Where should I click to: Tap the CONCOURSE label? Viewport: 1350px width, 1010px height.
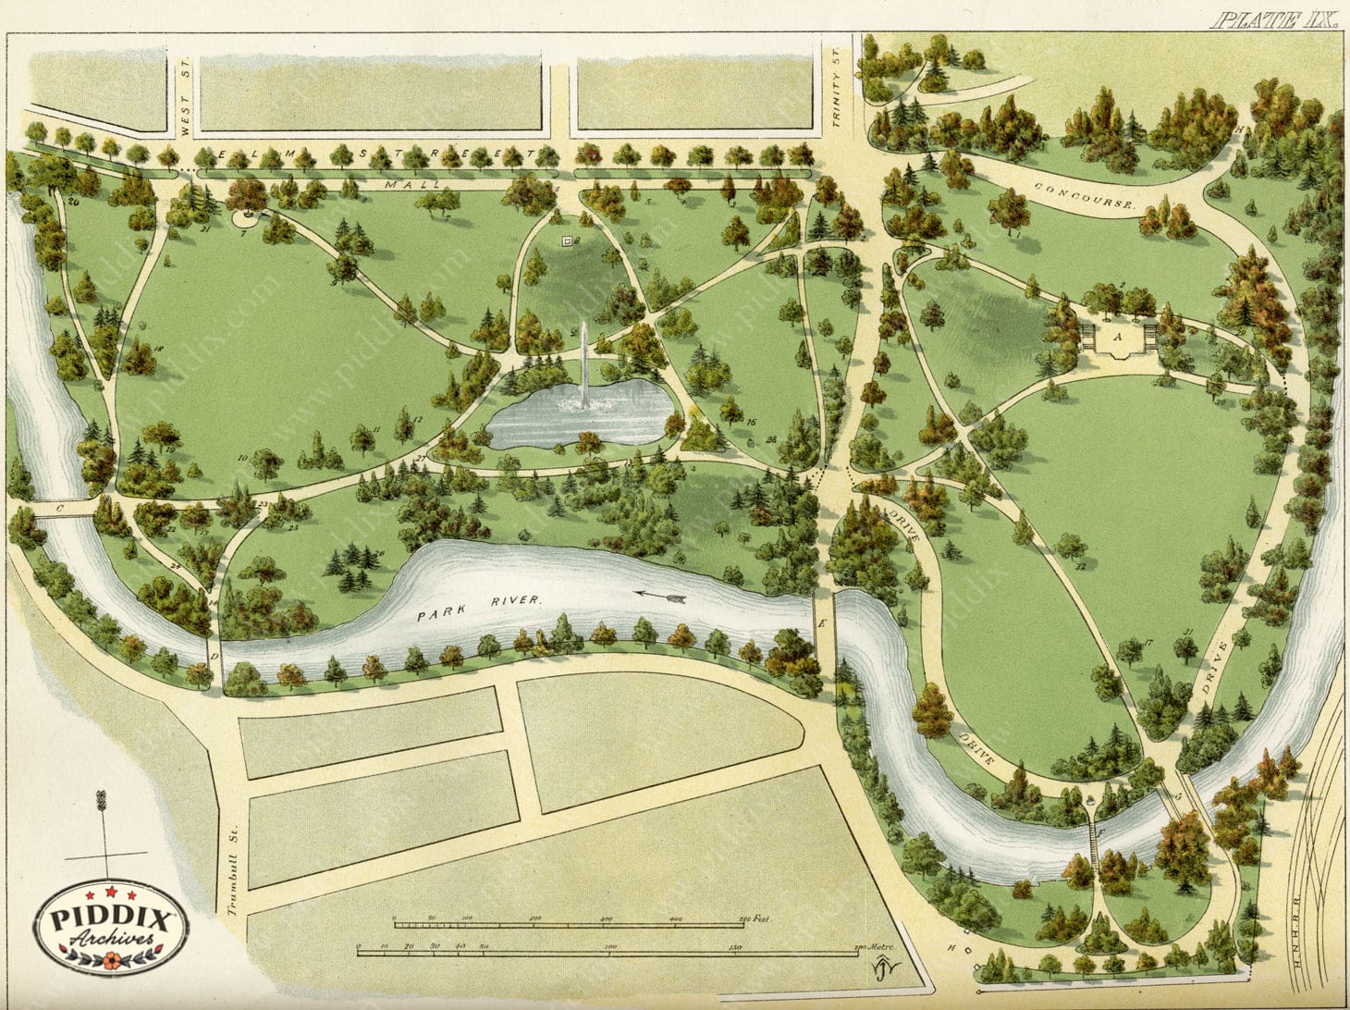(x=1084, y=196)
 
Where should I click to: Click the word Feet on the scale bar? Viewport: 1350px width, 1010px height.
(x=756, y=918)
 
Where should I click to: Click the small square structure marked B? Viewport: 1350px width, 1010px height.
(x=567, y=241)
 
